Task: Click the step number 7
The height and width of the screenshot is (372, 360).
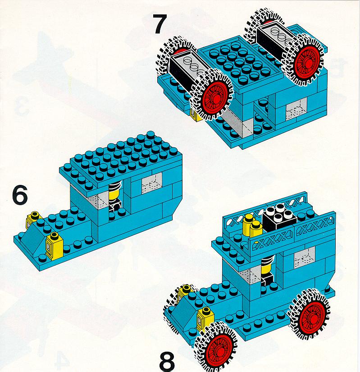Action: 160,24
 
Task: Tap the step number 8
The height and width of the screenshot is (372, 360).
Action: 167,362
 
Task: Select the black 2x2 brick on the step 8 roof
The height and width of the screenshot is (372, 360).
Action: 279,217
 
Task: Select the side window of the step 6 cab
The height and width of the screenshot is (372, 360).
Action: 152,183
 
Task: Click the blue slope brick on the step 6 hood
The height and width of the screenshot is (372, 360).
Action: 34,238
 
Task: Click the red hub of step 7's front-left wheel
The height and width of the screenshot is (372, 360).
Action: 216,96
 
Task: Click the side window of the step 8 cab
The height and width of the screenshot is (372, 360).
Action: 305,257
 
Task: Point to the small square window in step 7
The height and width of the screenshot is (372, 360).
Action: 296,110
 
